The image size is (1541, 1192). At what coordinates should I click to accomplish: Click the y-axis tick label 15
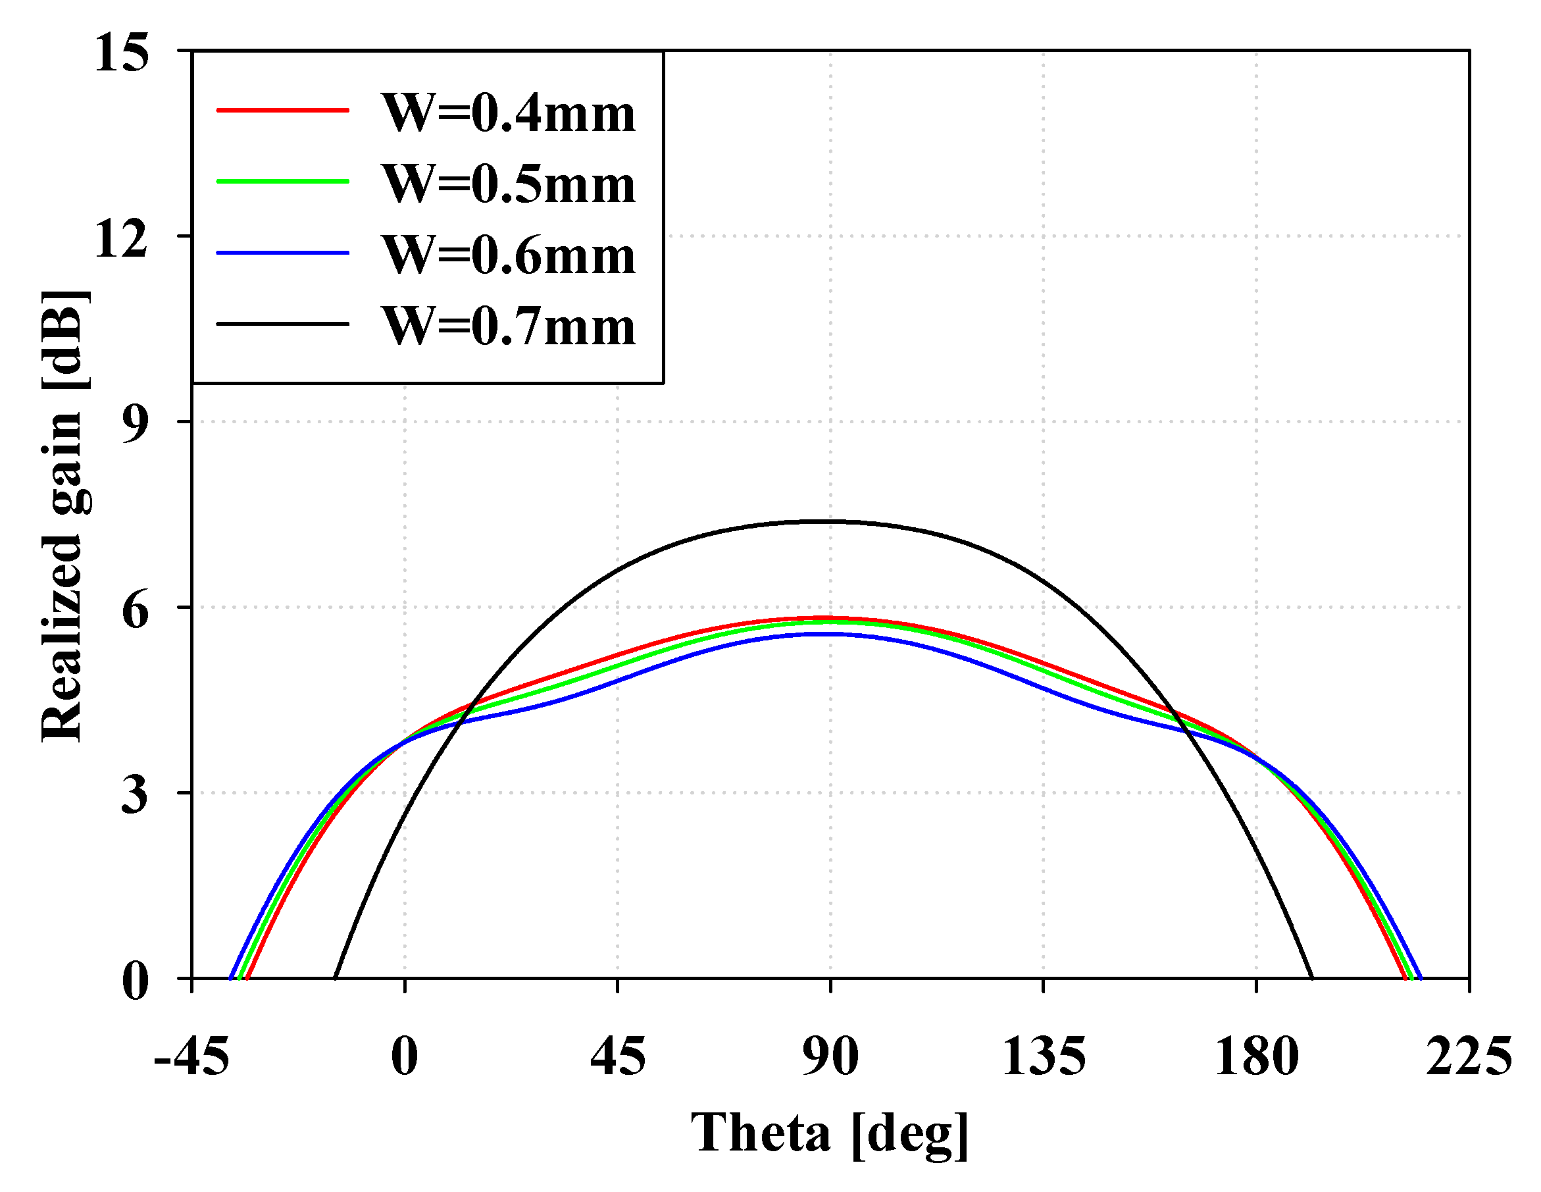point(121,52)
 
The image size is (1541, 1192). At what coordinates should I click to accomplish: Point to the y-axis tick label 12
point(121,238)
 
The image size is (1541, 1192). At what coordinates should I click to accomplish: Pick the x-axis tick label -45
point(191,1056)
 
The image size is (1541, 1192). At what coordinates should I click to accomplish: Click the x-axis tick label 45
point(617,1056)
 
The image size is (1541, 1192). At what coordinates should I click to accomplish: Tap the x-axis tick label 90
point(830,1056)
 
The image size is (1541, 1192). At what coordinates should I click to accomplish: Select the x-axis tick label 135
point(1044,1056)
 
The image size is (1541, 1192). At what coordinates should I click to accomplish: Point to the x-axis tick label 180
point(1257,1056)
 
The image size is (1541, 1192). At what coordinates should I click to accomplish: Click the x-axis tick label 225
point(1469,1056)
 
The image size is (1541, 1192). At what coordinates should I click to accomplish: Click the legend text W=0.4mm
point(509,113)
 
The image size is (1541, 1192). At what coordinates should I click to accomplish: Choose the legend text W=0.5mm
point(509,184)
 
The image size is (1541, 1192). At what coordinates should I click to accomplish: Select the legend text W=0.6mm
point(509,255)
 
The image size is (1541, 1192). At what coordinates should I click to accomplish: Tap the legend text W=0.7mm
point(509,326)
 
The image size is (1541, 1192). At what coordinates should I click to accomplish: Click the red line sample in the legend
point(282,110)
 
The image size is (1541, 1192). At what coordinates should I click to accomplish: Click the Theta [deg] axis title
point(830,1133)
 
